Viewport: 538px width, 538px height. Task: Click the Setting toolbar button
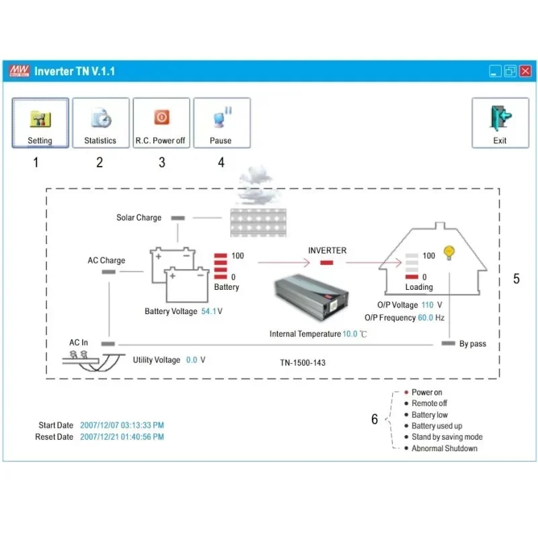(x=40, y=124)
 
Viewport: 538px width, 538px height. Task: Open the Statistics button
(x=100, y=124)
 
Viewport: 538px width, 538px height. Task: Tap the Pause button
(x=221, y=124)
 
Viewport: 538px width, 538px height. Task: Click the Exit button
(x=500, y=124)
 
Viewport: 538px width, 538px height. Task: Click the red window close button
(x=525, y=71)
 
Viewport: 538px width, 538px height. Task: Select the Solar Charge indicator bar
(x=178, y=218)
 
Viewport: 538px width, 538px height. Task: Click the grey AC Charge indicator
(x=108, y=272)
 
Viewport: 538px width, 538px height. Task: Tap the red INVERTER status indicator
(x=327, y=262)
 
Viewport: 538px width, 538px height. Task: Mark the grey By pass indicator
(x=448, y=344)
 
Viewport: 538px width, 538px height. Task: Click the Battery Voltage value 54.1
(x=208, y=311)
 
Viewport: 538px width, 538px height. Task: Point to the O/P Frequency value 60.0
(x=425, y=317)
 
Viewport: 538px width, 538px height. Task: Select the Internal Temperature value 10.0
(x=350, y=334)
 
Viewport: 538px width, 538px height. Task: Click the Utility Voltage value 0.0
(x=192, y=360)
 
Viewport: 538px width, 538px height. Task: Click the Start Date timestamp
(x=122, y=425)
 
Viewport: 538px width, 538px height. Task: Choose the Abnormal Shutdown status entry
(x=445, y=449)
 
